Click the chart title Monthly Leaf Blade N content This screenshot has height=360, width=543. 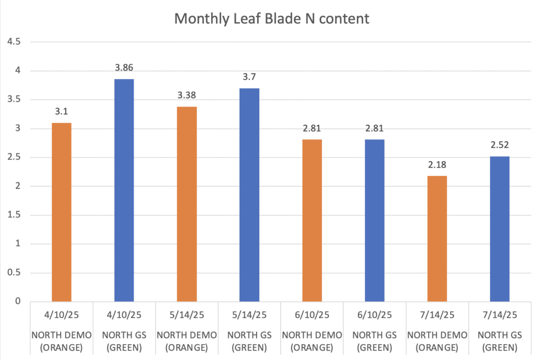pyautogui.click(x=271, y=19)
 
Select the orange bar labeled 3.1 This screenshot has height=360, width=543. pyautogui.click(x=62, y=212)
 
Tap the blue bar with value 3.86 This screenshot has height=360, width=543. pyautogui.click(x=124, y=190)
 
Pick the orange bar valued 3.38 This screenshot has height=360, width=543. pyautogui.click(x=187, y=204)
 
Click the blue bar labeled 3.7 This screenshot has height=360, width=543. pyautogui.click(x=249, y=195)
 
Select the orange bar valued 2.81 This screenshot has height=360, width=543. pyautogui.click(x=312, y=220)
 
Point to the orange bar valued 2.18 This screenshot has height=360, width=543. pyautogui.click(x=437, y=239)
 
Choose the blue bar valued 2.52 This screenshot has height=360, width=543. pyautogui.click(x=500, y=229)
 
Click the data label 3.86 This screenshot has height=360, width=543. pyautogui.click(x=124, y=68)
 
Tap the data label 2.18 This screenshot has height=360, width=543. pyautogui.click(x=437, y=165)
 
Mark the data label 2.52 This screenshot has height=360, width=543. pyautogui.click(x=500, y=145)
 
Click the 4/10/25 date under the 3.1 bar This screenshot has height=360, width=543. pyautogui.click(x=62, y=314)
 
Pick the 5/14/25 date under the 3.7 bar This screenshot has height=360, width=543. pyautogui.click(x=249, y=314)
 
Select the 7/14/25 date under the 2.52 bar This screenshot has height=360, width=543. pyautogui.click(x=500, y=314)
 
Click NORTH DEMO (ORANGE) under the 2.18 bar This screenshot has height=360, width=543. pyautogui.click(x=437, y=341)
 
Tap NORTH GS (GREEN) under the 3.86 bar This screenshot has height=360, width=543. pyautogui.click(x=124, y=341)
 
